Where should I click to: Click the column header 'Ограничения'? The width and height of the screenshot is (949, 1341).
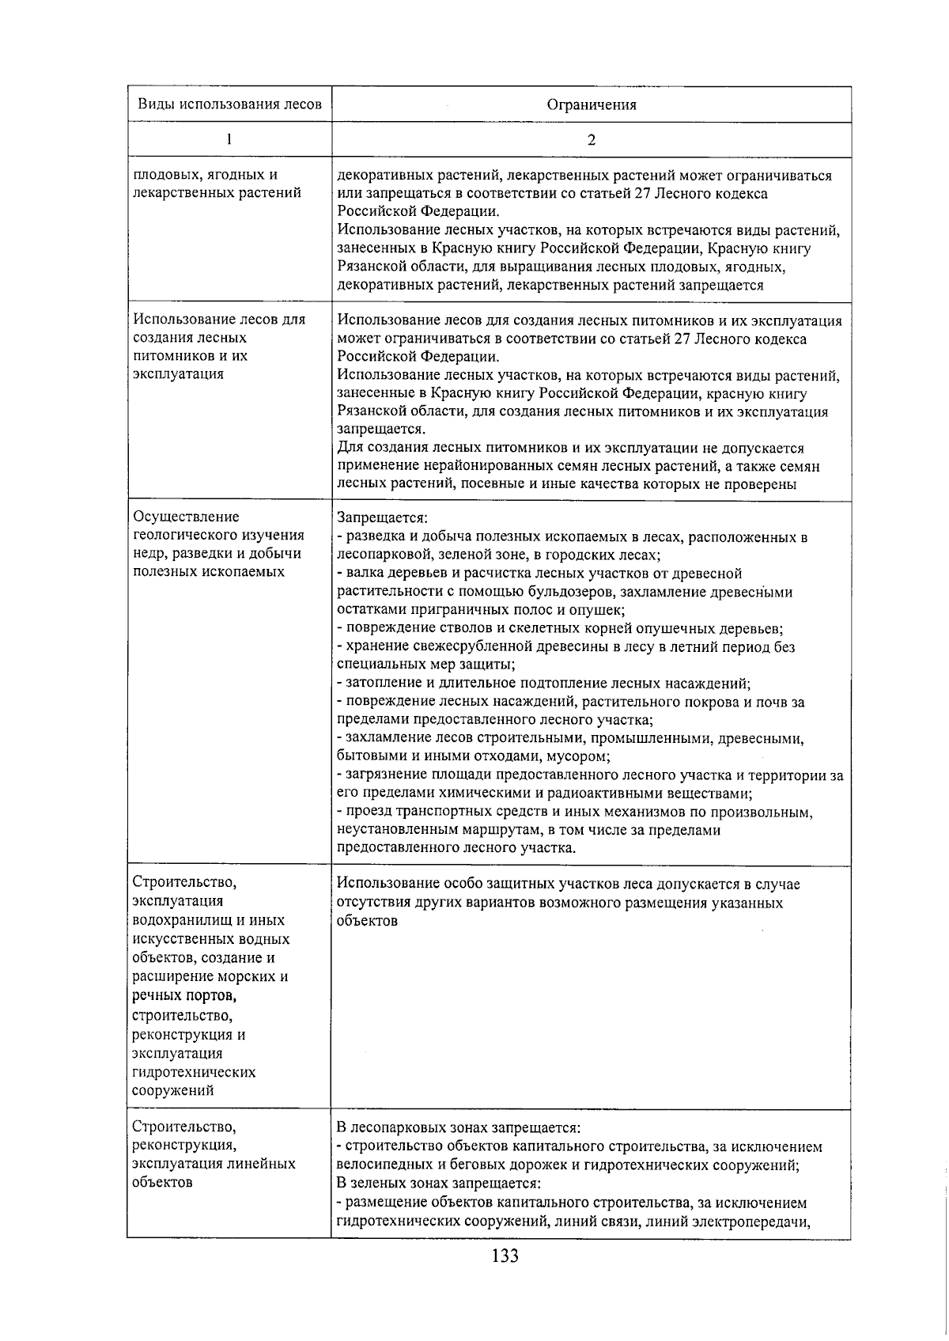click(x=592, y=104)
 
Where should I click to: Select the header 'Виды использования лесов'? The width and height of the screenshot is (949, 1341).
click(x=229, y=104)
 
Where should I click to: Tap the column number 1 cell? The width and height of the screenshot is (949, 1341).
click(x=229, y=139)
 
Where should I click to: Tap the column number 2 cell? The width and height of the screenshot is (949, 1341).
click(x=592, y=140)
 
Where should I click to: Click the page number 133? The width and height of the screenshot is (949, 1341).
click(x=504, y=1256)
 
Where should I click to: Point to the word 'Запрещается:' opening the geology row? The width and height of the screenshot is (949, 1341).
click(x=381, y=518)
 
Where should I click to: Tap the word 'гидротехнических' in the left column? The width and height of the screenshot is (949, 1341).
click(x=194, y=1072)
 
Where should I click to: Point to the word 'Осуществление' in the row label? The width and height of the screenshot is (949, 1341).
click(x=186, y=517)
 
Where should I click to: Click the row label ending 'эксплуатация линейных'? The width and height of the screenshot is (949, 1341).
click(x=214, y=1164)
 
